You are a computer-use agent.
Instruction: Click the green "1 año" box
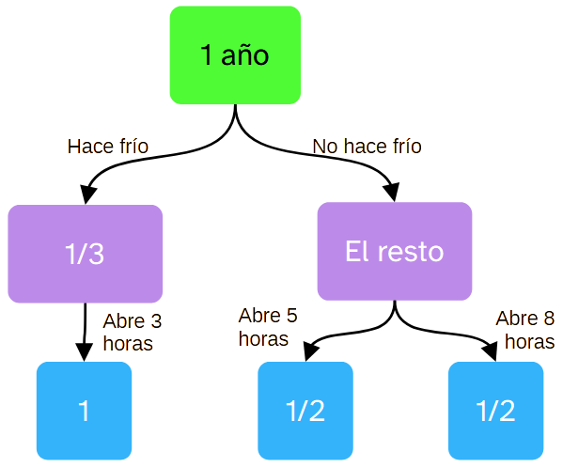[235, 54]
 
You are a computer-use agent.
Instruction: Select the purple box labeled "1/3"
[85, 254]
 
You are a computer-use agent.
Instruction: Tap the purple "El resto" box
[394, 252]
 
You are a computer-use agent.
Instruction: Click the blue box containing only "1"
[84, 411]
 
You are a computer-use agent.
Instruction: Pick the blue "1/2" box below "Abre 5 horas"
[305, 411]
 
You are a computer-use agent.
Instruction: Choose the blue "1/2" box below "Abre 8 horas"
[495, 411]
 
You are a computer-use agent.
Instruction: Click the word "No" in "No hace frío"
[323, 147]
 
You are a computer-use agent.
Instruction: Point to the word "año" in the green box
[245, 55]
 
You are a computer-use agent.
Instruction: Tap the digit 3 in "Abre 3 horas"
[155, 321]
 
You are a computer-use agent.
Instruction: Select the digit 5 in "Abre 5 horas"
[290, 316]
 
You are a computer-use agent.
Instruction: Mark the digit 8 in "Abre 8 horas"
[547, 319]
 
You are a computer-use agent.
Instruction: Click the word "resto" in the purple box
[410, 252]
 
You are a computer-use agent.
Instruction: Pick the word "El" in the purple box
[356, 252]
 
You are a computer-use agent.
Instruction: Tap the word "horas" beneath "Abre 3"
[127, 343]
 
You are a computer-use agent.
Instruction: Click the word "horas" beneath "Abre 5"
[262, 337]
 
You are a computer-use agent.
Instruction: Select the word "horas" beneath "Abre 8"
[528, 342]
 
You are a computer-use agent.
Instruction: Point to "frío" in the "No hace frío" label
[405, 147]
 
